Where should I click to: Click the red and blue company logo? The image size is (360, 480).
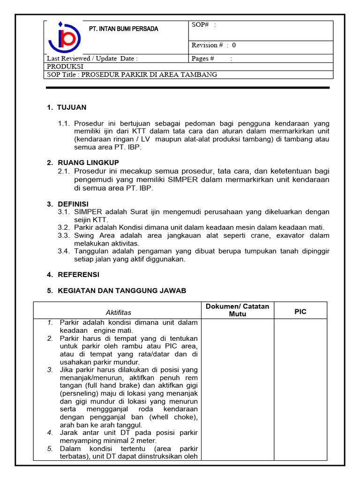[65, 37]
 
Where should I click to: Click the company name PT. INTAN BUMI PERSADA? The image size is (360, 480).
[124, 29]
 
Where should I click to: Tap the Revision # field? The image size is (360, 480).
[214, 45]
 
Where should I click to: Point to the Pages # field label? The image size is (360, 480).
[203, 59]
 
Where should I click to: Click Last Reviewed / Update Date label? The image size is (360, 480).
[92, 59]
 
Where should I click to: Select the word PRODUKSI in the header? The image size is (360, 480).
[65, 67]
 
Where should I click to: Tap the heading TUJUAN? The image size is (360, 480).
[71, 107]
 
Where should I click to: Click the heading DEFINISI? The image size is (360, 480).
[73, 204]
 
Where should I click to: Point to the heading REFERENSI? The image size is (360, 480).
[78, 275]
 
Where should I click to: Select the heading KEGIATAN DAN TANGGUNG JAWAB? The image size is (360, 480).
[122, 291]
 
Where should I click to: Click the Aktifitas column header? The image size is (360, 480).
[119, 312]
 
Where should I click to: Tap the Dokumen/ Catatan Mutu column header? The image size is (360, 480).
[237, 310]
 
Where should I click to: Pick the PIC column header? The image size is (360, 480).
[300, 312]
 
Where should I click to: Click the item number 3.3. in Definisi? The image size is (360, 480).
[64, 235]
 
